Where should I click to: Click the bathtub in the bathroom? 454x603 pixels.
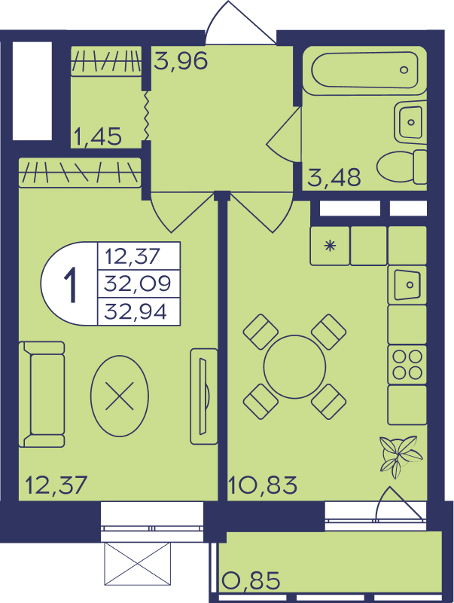tap(364, 70)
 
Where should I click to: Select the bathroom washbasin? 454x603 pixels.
tap(410, 122)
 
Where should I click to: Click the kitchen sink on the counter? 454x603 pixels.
tap(407, 285)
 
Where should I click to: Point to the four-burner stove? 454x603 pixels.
tap(407, 365)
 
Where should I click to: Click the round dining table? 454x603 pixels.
tap(294, 366)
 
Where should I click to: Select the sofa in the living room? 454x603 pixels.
tap(42, 394)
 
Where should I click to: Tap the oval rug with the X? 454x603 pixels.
tap(120, 396)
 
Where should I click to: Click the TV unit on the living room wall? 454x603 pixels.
tap(204, 396)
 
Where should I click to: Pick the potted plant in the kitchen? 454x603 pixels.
tap(400, 457)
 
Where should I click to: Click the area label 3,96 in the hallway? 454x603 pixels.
tap(181, 60)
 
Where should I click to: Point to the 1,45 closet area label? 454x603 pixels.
tap(98, 136)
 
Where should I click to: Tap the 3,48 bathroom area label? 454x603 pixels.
tap(334, 177)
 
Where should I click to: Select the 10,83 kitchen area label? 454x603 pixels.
tap(263, 485)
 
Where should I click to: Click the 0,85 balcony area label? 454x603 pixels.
tap(251, 580)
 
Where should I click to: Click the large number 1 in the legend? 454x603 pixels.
tap(71, 284)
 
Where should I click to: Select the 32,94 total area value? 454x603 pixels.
tap(136, 311)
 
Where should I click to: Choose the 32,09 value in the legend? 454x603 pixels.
tap(138, 284)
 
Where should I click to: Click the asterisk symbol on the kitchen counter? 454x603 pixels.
tap(330, 246)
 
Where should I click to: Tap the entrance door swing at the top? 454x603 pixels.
tap(240, 23)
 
